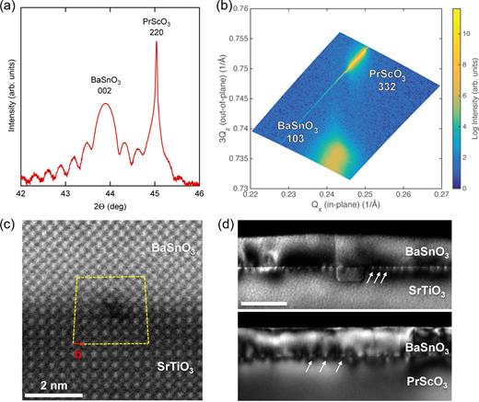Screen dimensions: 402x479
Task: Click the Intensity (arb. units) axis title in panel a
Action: point(9,101)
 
